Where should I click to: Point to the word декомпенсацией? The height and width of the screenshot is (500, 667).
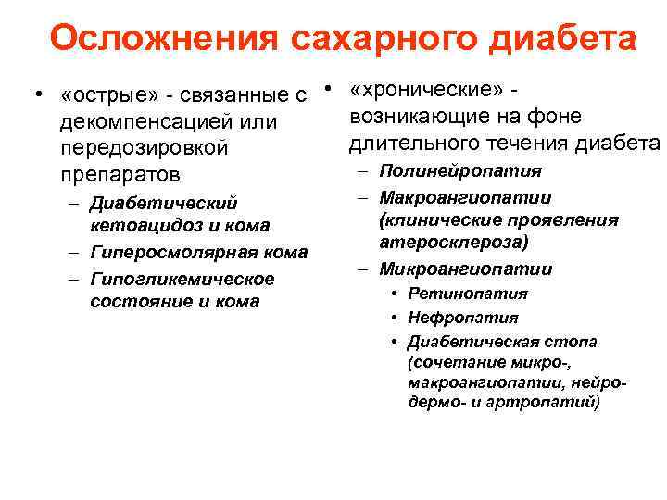tap(145, 122)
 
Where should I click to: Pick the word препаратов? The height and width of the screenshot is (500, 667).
tap(118, 175)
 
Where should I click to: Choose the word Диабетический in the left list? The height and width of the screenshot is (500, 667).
tap(164, 203)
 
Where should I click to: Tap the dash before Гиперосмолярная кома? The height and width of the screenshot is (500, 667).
tap(74, 252)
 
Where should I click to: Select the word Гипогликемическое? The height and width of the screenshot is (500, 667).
tap(182, 279)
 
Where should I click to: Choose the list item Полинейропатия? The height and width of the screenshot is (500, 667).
tap(460, 171)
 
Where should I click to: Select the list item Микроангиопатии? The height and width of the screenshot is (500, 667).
tap(466, 269)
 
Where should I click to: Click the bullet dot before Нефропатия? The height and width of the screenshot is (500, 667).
tap(395, 319)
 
